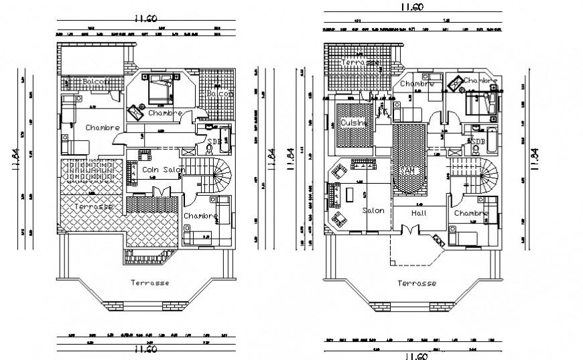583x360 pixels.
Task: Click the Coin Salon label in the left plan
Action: (164, 170)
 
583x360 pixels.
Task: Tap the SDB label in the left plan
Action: (214, 141)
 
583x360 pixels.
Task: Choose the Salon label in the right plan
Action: (373, 211)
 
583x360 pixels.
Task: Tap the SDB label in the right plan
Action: (478, 141)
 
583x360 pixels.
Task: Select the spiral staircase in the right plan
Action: (485, 176)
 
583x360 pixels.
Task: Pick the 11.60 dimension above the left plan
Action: (145, 19)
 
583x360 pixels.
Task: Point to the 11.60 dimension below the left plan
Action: (146, 349)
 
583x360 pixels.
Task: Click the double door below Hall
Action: (407, 229)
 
